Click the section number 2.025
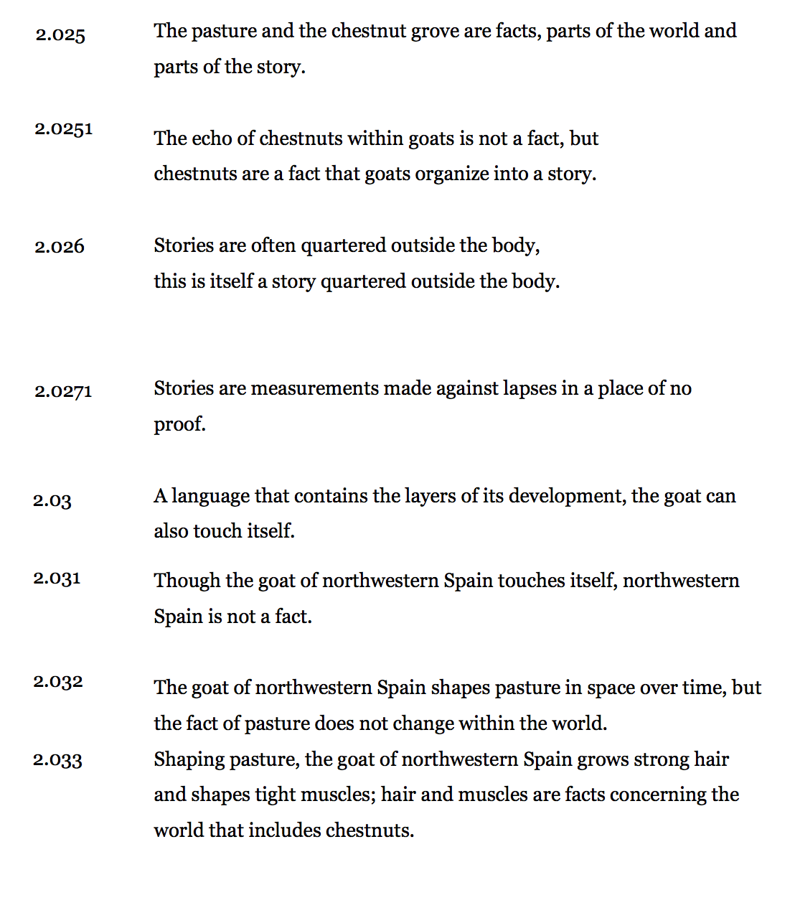60,35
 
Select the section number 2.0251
64,129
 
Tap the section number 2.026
60,247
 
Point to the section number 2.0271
63,392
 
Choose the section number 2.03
52,501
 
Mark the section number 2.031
57,579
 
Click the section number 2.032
58,682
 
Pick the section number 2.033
57,760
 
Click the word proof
179,425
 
